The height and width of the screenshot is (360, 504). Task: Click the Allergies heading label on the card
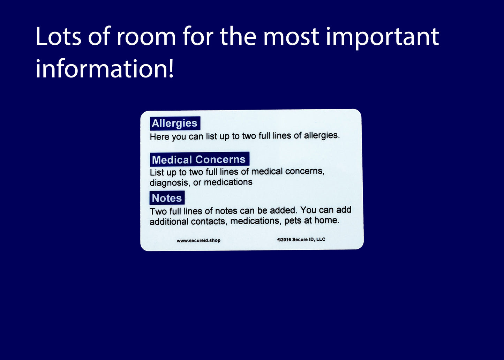click(x=175, y=123)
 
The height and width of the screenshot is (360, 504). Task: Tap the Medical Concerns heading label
click(x=200, y=159)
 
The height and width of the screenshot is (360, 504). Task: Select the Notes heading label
click(x=167, y=198)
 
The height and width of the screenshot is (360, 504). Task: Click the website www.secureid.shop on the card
click(x=198, y=241)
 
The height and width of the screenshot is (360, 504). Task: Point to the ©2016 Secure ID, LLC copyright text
click(x=301, y=240)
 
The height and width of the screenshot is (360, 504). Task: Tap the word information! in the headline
click(x=105, y=68)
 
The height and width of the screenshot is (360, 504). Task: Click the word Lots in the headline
click(x=58, y=36)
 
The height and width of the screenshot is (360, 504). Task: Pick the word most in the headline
click(x=291, y=37)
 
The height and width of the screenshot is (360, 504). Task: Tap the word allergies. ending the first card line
click(x=322, y=135)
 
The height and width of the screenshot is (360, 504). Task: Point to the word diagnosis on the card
click(x=169, y=183)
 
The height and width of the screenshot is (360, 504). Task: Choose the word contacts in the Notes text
click(x=209, y=222)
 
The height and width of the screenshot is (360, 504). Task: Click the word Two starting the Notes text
click(x=158, y=211)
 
